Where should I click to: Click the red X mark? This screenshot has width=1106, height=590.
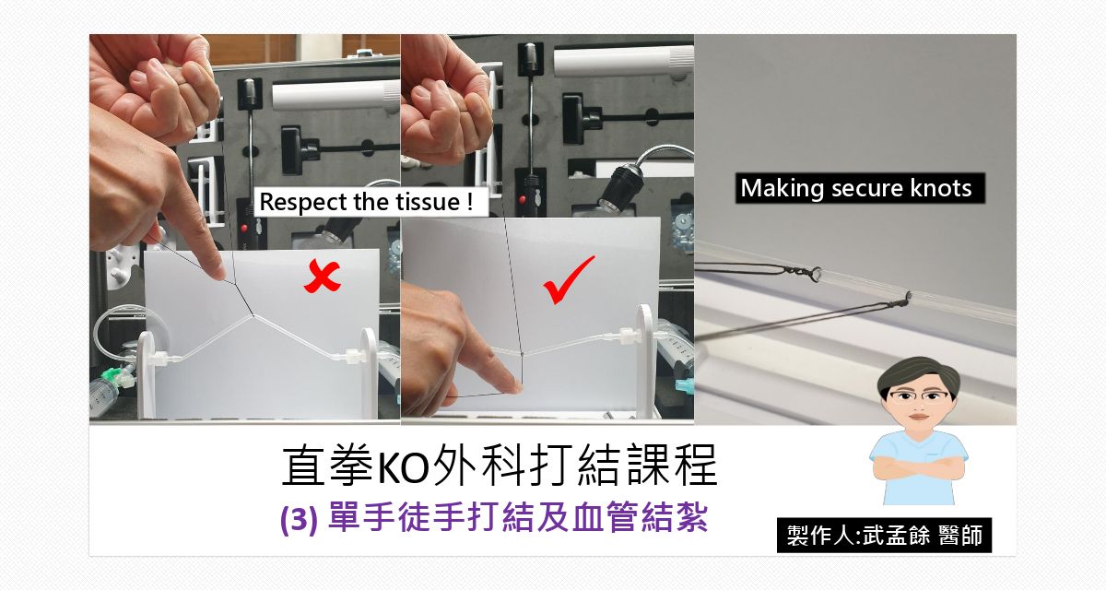click(x=323, y=276)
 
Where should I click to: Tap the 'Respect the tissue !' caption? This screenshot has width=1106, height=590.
click(x=371, y=203)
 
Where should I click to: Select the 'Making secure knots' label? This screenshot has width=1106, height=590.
click(x=856, y=189)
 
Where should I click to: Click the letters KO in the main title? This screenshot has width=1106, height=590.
click(x=405, y=469)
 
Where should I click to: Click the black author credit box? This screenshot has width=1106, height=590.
click(x=884, y=536)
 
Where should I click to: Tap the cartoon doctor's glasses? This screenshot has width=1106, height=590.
click(x=918, y=395)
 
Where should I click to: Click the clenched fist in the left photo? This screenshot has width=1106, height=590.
click(x=166, y=92)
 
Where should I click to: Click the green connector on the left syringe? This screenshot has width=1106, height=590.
click(x=114, y=376)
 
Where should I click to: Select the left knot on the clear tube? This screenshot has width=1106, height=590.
click(x=816, y=273)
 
